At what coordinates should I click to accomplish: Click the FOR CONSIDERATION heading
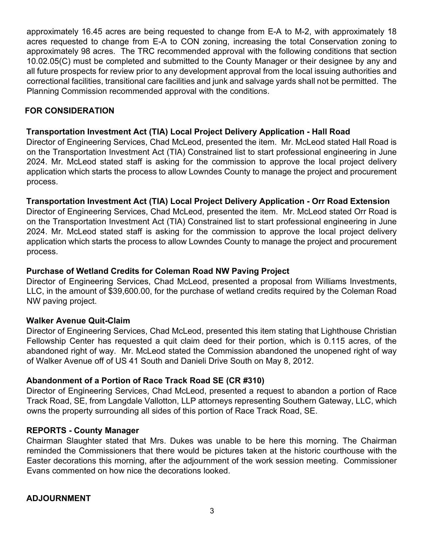click(x=70, y=111)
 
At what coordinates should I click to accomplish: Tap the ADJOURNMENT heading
click(x=59, y=498)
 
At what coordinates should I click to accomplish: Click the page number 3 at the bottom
click(x=212, y=511)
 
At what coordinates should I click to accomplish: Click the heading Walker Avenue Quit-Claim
click(x=78, y=321)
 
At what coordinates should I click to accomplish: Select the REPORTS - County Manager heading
click(x=82, y=431)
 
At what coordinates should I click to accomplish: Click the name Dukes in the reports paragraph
click(x=182, y=441)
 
